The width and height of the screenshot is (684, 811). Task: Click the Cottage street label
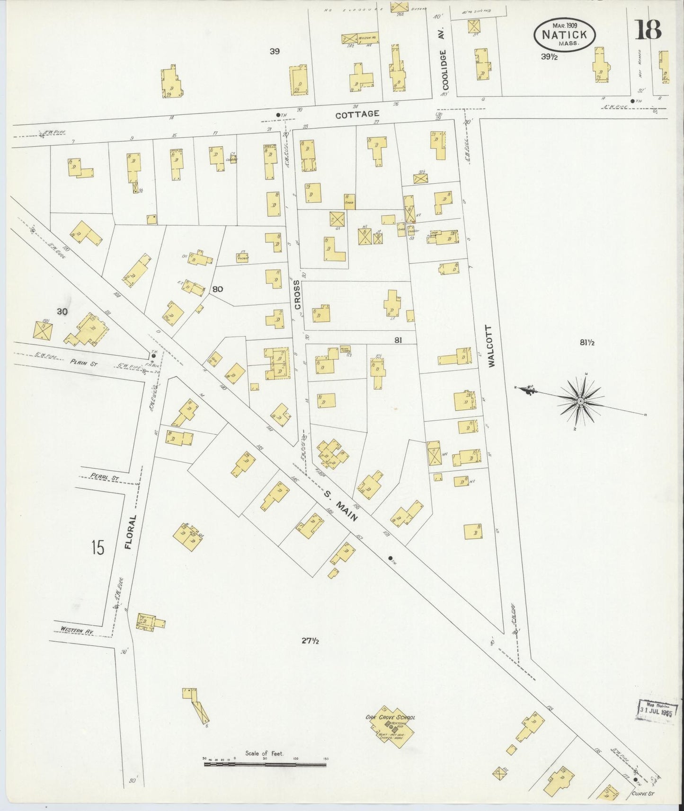pyautogui.click(x=357, y=114)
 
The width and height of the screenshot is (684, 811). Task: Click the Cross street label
pyautogui.click(x=297, y=295)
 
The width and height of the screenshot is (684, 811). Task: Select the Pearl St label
pyautogui.click(x=104, y=478)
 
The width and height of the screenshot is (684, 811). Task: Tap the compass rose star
pyautogui.click(x=579, y=401)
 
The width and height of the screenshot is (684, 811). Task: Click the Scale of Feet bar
pyautogui.click(x=266, y=763)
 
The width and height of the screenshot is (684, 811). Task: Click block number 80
pyautogui.click(x=218, y=289)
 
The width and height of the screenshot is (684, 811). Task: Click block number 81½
pyautogui.click(x=586, y=343)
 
